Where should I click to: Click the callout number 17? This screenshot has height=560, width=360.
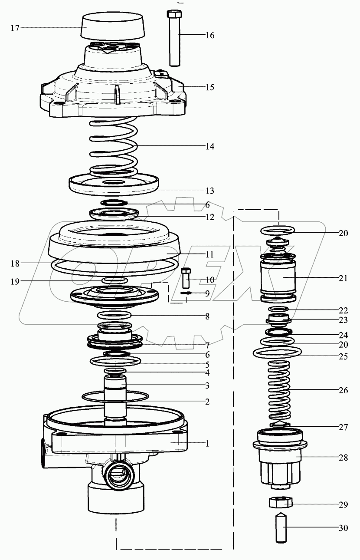[x=15, y=28]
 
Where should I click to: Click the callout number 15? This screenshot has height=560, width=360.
[x=209, y=87]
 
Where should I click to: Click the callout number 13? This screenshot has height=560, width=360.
[x=209, y=191]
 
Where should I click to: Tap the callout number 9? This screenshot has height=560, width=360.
[x=207, y=293]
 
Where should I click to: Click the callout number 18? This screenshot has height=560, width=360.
[x=15, y=263]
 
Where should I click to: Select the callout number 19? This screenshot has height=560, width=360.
[x=15, y=281]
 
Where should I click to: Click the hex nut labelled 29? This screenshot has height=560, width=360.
[x=280, y=503]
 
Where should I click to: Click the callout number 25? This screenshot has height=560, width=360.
[x=343, y=356]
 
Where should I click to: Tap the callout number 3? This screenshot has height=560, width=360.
[x=207, y=385]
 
